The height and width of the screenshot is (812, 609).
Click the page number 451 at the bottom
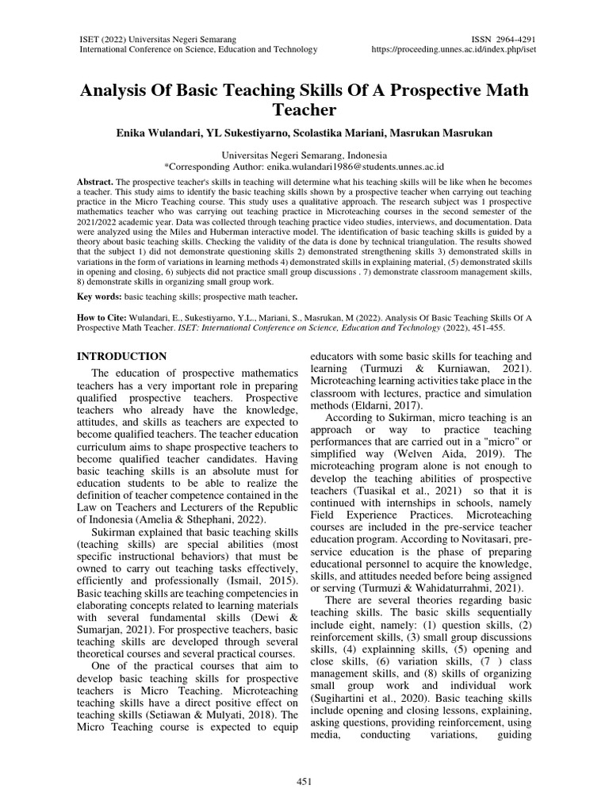pos(304,780)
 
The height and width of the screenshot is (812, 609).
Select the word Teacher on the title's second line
pos(304,109)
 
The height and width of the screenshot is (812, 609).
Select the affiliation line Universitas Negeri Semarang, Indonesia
pos(304,155)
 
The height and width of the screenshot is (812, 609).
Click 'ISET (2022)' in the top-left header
pos(112,37)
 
